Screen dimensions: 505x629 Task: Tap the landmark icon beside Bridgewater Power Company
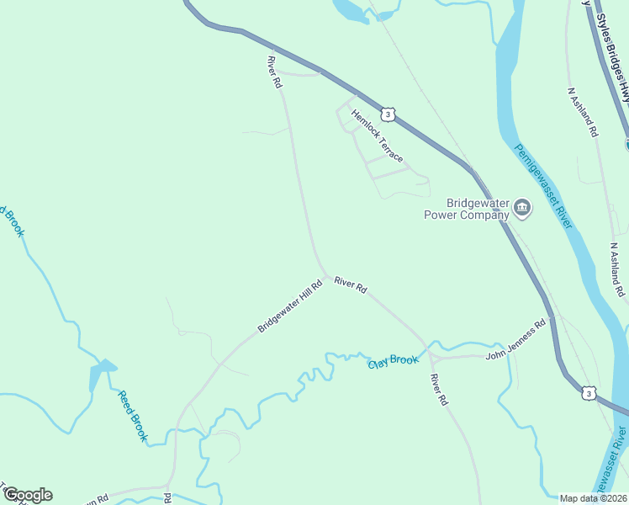click(x=522, y=208)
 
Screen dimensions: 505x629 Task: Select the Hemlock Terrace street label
click(x=378, y=136)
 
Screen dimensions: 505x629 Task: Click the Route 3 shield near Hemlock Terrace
click(x=387, y=114)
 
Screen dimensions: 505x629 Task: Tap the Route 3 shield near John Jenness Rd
click(x=589, y=393)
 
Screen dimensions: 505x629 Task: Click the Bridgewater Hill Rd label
click(x=290, y=306)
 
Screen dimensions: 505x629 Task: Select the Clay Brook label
click(x=393, y=361)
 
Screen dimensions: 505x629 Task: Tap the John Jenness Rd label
click(x=515, y=339)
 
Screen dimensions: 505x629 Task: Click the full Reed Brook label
click(x=133, y=416)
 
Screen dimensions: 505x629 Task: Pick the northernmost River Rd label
click(x=273, y=72)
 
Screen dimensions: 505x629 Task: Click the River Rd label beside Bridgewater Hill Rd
click(x=350, y=285)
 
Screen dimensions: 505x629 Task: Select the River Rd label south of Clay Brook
click(x=439, y=391)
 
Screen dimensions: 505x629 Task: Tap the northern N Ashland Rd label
click(x=583, y=112)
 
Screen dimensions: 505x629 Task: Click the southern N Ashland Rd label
click(x=618, y=270)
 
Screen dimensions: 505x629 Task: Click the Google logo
click(x=28, y=495)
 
